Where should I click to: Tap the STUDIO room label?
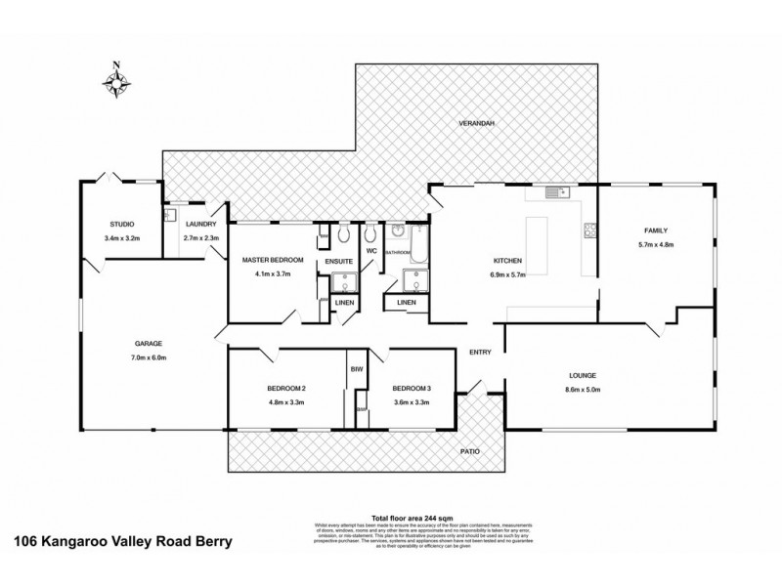coord(122,225)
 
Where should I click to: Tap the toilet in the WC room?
coord(370,235)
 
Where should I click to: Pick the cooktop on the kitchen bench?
coord(589,231)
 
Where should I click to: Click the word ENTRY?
coord(480,352)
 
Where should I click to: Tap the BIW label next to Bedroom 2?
coord(356,369)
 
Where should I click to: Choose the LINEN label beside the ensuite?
coord(343,304)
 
